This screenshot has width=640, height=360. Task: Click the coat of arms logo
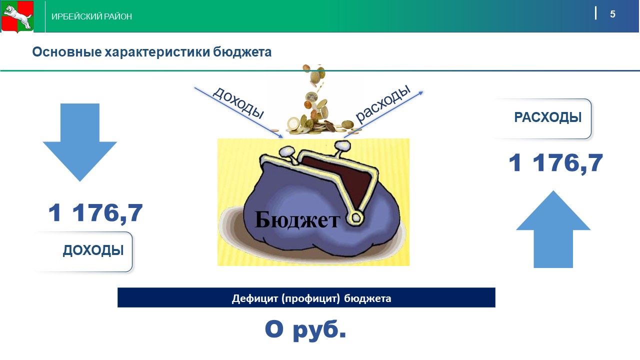[17, 16]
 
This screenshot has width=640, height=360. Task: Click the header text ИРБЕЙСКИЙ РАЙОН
[91, 16]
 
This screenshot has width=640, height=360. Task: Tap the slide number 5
[612, 14]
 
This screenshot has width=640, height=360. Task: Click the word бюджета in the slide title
[242, 52]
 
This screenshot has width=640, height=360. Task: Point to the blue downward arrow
[80, 142]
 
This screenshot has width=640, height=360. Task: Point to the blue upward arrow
[553, 229]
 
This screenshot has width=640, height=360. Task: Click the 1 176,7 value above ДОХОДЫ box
[95, 213]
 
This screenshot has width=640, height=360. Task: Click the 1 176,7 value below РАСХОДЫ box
[555, 163]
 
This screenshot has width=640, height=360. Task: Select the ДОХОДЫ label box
[83, 251]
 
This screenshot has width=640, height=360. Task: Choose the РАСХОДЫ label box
[543, 118]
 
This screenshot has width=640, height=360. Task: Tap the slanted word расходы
[383, 103]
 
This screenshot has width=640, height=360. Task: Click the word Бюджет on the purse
[297, 219]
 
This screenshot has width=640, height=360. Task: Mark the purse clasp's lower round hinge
[355, 218]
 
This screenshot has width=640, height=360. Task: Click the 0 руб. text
[305, 330]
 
